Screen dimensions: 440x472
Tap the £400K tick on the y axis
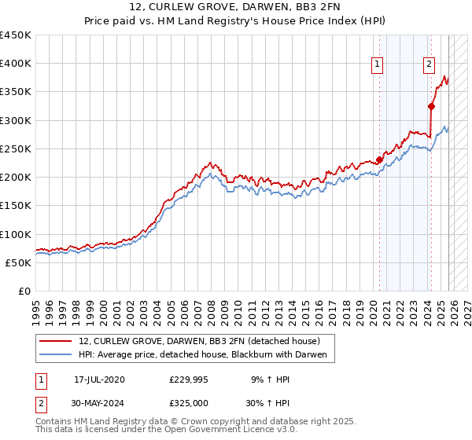(x=16, y=64)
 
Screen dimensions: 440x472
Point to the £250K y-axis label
(x=16, y=148)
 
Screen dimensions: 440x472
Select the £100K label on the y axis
(x=16, y=234)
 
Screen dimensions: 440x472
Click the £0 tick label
(x=24, y=291)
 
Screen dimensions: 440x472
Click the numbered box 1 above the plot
(x=378, y=65)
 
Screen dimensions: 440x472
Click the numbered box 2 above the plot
(x=430, y=65)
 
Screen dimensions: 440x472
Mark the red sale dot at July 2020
(x=379, y=160)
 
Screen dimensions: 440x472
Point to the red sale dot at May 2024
(x=432, y=106)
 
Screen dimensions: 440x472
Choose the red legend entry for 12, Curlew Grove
(x=199, y=341)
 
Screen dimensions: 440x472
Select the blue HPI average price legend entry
(x=207, y=355)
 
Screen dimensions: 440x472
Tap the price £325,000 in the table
(x=189, y=401)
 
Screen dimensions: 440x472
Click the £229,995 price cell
(x=189, y=379)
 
